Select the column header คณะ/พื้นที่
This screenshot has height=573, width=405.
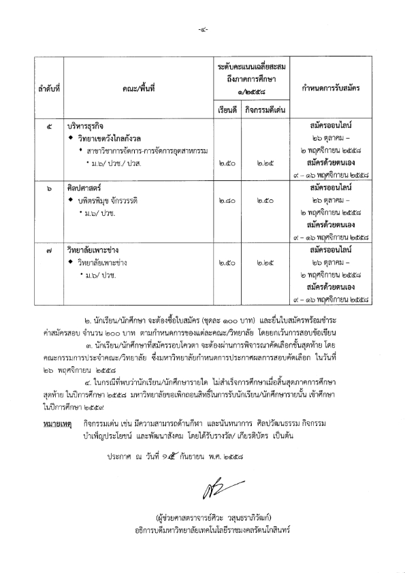tap(136, 89)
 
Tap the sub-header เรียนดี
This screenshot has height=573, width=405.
tap(224, 109)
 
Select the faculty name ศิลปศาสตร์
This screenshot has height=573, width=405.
tap(84, 187)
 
